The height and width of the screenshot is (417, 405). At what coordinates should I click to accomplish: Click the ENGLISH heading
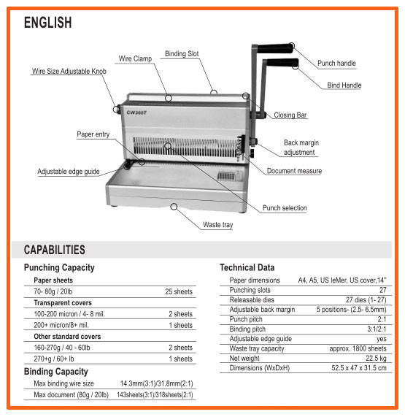(48, 23)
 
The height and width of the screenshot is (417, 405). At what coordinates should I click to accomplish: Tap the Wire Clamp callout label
(135, 58)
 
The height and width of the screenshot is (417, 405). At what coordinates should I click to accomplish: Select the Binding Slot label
(182, 54)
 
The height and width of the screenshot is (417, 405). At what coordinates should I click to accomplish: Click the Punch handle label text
(336, 64)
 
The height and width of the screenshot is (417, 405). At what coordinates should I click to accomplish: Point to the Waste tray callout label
(218, 225)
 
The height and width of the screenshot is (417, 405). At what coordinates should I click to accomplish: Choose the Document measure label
(294, 171)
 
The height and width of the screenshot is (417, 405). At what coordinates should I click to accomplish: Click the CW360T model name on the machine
(136, 112)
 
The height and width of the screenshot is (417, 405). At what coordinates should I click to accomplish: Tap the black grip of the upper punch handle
(275, 48)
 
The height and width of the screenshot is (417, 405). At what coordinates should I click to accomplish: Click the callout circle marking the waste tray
(174, 207)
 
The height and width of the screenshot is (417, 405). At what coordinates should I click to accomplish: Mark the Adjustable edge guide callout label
(69, 172)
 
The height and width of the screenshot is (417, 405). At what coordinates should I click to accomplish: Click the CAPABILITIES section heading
(55, 250)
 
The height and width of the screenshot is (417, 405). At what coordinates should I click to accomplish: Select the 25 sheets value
(179, 291)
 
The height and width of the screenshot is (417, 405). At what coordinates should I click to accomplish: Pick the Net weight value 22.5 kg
(376, 359)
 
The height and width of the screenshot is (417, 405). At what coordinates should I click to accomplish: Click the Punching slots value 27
(382, 290)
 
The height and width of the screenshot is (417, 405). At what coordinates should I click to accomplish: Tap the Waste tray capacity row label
(257, 348)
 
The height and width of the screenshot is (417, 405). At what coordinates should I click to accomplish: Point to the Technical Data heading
(247, 267)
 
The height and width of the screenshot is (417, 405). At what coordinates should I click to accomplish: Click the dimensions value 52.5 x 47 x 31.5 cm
(359, 368)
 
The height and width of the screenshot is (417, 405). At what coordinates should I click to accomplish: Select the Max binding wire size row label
(63, 383)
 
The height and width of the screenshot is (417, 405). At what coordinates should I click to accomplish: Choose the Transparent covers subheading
(63, 303)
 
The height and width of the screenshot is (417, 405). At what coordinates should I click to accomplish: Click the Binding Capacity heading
(55, 372)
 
